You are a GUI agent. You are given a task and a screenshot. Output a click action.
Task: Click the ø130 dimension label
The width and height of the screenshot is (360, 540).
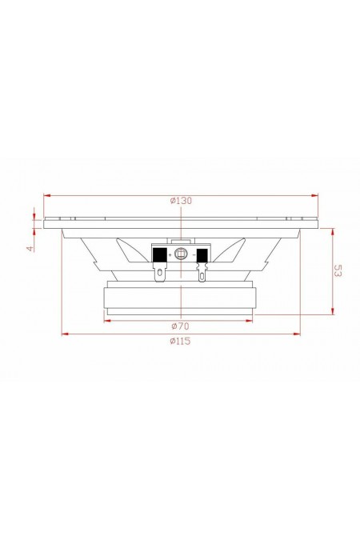181,201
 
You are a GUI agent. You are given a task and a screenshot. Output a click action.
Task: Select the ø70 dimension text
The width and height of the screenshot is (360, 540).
181,326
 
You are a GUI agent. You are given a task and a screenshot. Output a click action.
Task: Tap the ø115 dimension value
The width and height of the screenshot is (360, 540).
180,342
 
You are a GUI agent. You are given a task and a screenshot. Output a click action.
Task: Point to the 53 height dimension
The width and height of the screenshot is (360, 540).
338,270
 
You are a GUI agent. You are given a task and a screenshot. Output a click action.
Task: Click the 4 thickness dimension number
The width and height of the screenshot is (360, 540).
30,248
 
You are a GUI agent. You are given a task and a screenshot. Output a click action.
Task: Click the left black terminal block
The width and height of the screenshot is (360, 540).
159,255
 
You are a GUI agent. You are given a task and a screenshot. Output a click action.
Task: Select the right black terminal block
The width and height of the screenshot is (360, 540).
202,255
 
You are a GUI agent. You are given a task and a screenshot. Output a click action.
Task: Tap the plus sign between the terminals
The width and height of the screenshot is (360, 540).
170,255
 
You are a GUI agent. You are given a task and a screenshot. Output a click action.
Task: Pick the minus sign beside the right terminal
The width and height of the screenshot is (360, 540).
194,255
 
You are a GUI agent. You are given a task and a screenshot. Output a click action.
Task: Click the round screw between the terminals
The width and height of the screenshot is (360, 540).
181,254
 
